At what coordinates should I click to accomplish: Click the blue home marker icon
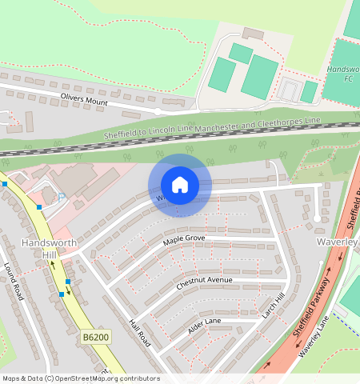point(180,185)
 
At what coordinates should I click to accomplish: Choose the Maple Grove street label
point(184,239)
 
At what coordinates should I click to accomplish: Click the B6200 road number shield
point(94,339)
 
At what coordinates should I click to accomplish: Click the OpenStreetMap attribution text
point(80,378)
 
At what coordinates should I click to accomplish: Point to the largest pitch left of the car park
point(259,77)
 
